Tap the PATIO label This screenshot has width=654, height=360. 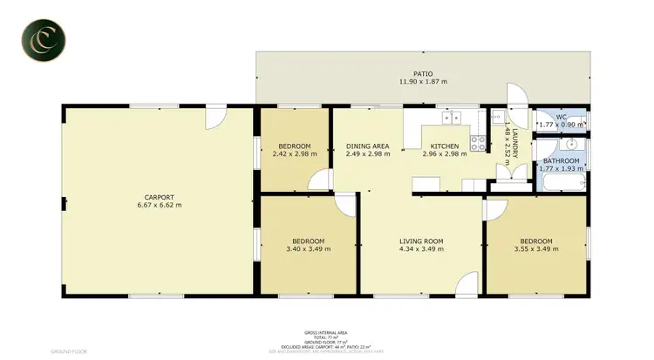[x=424, y=73]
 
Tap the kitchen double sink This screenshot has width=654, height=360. [x=451, y=117]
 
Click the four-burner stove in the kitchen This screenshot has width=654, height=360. [x=478, y=140]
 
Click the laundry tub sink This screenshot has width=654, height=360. [x=496, y=118]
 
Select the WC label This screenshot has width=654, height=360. [x=562, y=117]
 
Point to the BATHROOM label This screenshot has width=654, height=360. [x=561, y=161]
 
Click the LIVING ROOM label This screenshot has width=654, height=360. [x=421, y=241]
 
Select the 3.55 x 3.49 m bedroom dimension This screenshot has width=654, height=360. [x=536, y=250]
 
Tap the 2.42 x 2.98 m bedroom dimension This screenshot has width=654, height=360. [x=295, y=154]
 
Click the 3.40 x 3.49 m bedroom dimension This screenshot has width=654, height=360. [x=308, y=250]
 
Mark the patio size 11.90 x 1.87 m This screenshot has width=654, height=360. [x=424, y=82]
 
